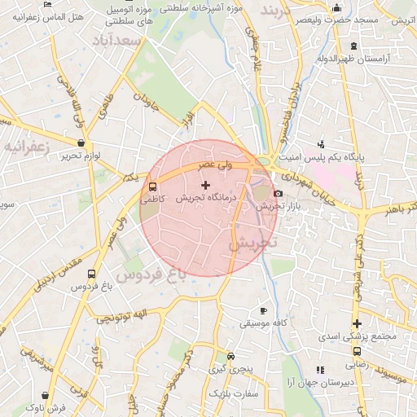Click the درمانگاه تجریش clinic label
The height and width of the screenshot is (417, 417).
206,198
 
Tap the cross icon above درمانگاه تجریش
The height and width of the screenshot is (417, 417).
204,186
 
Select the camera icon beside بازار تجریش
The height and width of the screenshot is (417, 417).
279,194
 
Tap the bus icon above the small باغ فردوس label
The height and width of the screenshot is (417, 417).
90,274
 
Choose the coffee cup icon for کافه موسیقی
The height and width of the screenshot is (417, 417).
262,311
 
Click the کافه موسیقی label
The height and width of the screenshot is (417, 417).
261,323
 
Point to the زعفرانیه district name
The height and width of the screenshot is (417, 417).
27,147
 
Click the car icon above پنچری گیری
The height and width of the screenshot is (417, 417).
231,357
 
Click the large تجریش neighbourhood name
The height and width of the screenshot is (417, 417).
252,243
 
